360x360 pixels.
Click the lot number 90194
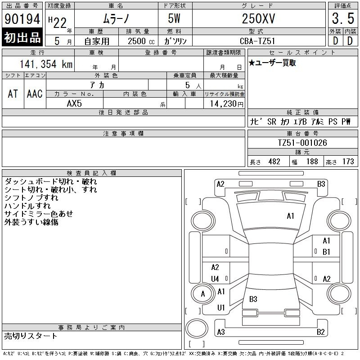coord(22,19)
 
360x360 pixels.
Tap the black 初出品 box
coord(22,37)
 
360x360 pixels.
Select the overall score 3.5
coord(343,18)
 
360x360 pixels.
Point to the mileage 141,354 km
coord(46,64)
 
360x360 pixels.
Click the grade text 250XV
coord(258,18)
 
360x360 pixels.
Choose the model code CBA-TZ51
coord(257,41)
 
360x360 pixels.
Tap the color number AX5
coord(74,103)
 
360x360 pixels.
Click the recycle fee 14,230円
coord(226,104)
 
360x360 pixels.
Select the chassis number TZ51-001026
coord(302,143)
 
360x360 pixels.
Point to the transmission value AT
coord(13,94)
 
